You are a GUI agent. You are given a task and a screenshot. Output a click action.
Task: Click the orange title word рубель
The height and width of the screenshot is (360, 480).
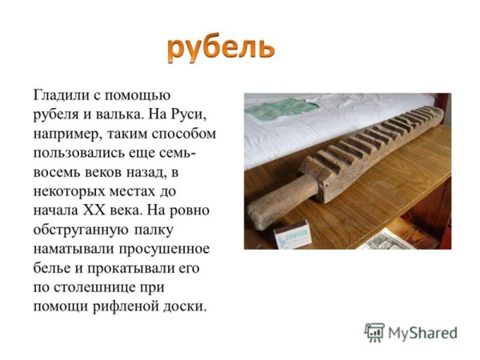click(x=221, y=48)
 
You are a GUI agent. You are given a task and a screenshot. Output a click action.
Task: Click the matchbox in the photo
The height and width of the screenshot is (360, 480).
click(x=292, y=235)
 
